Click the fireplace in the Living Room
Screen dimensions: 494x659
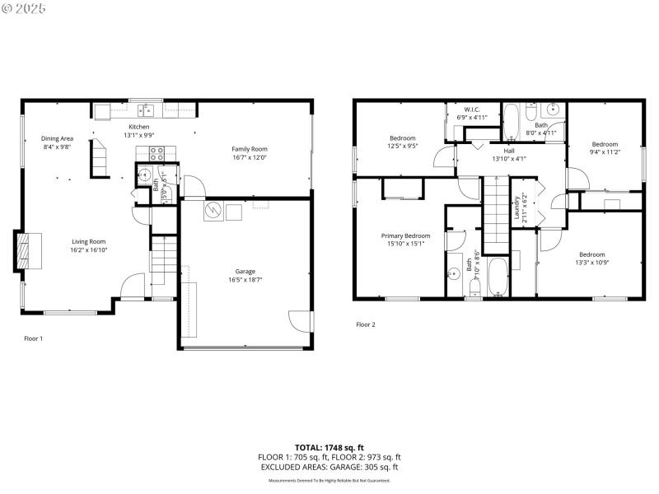point(25,250)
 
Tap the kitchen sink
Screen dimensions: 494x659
point(147,110)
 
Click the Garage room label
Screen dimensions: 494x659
point(245,271)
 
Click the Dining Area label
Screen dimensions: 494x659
point(58,138)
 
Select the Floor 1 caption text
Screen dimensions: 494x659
point(33,338)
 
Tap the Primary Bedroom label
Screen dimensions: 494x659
point(405,235)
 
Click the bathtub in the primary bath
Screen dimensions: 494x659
point(498,278)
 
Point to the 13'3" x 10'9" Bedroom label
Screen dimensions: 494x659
point(591,254)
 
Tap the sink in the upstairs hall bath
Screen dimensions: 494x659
point(554,109)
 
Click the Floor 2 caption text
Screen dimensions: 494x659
point(365,324)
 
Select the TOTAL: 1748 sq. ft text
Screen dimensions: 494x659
point(329,447)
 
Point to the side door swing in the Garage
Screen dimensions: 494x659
point(301,322)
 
